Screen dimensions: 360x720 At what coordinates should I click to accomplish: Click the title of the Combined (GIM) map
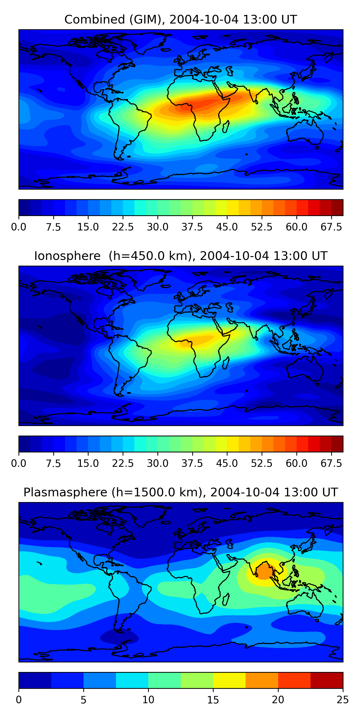coord(180,20)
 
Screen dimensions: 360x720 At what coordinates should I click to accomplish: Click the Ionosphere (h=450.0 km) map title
coord(180,256)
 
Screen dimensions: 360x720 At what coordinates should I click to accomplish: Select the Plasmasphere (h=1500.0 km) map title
coord(180,492)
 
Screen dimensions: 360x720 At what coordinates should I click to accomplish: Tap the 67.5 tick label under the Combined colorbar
coord(331,227)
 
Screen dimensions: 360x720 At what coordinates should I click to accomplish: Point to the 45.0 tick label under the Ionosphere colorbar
coord(227,463)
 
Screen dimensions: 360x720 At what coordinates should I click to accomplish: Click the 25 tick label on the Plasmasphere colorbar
coord(343,700)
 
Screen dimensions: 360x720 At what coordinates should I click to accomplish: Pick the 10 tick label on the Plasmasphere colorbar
coord(148,700)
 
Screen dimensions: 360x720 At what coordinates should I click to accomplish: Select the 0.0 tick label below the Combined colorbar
coord(19,227)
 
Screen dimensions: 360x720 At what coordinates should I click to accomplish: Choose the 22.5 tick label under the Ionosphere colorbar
coord(123,463)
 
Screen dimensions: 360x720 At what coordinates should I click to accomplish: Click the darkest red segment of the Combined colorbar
coord(337,207)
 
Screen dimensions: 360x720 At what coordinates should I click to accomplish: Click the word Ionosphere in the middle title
coord(67,256)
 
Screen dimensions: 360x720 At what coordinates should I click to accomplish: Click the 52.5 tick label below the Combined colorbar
coord(262,227)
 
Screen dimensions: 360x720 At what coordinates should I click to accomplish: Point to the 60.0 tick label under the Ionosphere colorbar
coord(297,463)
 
